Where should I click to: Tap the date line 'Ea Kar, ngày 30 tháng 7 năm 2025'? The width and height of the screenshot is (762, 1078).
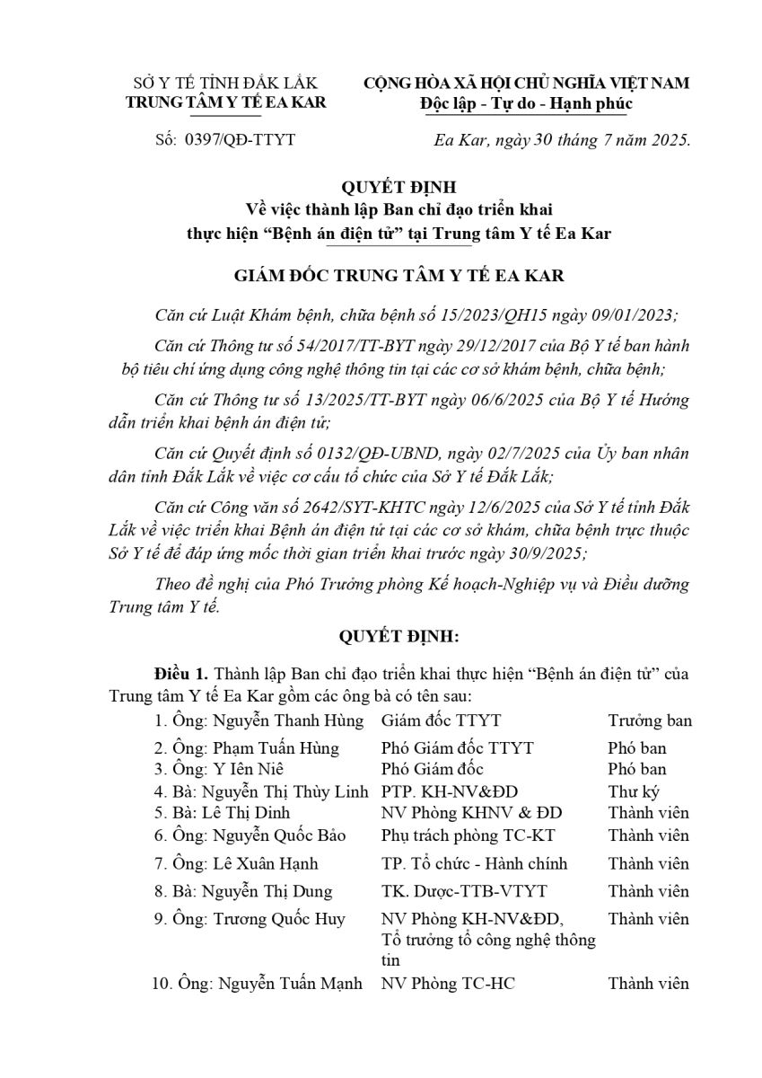click(x=562, y=139)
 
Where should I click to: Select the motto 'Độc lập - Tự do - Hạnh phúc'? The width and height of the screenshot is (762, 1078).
click(x=526, y=103)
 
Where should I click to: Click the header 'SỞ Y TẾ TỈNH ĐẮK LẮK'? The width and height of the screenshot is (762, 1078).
click(x=225, y=83)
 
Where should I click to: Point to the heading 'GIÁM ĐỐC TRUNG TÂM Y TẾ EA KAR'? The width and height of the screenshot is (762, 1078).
click(x=381, y=276)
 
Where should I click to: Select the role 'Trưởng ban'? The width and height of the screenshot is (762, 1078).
click(x=650, y=720)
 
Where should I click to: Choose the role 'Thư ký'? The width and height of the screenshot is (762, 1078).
click(x=632, y=791)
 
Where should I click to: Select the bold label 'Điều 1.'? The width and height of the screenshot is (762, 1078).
click(x=180, y=673)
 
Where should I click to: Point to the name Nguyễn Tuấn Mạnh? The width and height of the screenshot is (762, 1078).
click(x=288, y=983)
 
